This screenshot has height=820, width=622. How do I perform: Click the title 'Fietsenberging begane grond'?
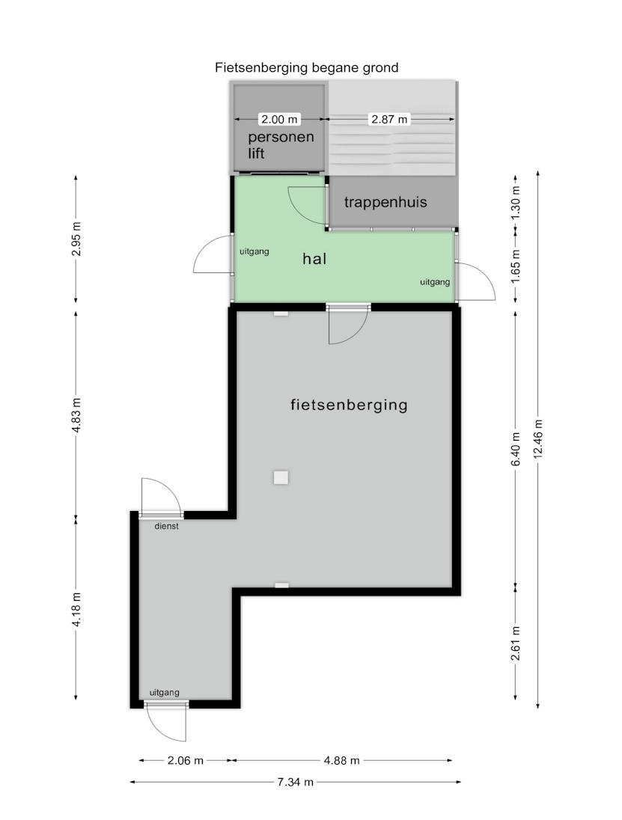point(307,67)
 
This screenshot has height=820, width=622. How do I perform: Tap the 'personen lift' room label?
point(281,145)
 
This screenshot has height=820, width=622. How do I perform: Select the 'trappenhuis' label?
point(385,202)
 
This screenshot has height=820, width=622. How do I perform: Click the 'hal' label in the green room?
point(314,258)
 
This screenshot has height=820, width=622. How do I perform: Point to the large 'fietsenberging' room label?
point(349,405)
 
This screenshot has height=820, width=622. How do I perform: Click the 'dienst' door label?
point(166,526)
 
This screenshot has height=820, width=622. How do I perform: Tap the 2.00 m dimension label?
point(279,119)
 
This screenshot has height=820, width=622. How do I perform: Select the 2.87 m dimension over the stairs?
point(389,119)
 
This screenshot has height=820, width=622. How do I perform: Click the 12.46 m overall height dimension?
point(538,438)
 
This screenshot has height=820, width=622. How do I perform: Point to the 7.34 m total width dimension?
point(296,782)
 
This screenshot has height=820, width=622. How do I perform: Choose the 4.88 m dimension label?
point(341,760)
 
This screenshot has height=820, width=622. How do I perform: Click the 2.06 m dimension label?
point(185,760)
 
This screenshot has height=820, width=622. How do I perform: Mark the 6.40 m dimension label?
point(516,449)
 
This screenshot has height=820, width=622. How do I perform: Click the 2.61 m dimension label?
point(516,643)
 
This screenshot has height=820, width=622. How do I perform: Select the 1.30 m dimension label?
point(516,203)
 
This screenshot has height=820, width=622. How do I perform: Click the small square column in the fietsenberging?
point(281,477)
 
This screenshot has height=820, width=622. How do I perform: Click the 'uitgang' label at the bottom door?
point(164,692)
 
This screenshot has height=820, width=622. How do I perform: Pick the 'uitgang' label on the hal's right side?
point(435,282)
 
